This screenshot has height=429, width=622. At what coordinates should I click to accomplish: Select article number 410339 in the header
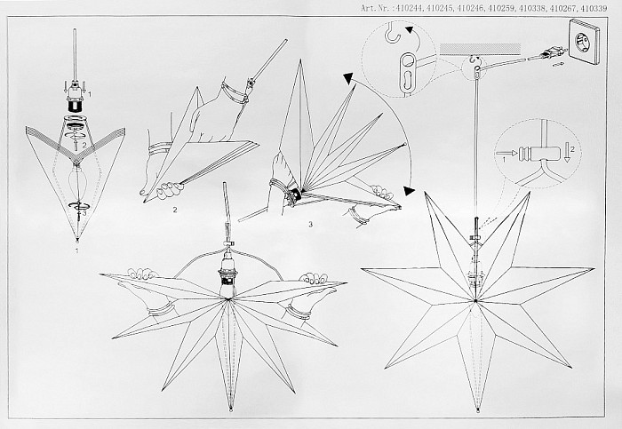[594, 8]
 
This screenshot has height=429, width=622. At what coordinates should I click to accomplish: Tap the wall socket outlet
[583, 42]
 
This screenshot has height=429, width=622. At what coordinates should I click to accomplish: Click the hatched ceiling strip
[480, 49]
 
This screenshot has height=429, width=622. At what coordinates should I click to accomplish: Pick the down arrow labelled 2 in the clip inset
[567, 153]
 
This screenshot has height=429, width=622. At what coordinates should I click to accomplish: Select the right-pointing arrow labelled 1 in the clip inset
[507, 153]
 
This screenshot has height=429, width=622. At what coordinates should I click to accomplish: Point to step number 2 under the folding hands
[175, 210]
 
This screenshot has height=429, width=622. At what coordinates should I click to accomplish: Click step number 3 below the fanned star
[311, 225]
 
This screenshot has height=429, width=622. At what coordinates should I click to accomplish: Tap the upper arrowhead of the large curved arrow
[348, 78]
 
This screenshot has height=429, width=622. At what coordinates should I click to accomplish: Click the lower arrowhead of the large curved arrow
[409, 191]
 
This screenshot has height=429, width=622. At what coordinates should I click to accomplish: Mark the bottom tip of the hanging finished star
[478, 410]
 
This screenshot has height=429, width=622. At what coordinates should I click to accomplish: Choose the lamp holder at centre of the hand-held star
[227, 274]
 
